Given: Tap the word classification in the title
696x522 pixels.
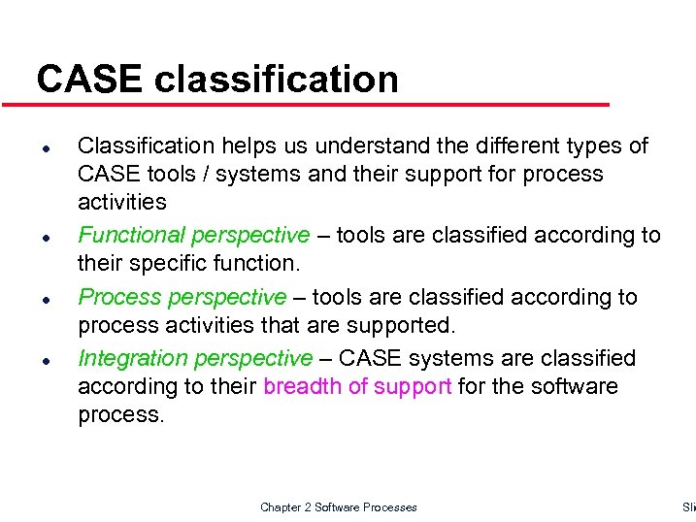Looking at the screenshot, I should tap(276, 80).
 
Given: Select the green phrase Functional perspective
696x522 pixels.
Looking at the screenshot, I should tap(193, 235).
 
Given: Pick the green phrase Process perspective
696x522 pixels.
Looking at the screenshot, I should tap(182, 297).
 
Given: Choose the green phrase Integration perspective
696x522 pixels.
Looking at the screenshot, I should tap(195, 359).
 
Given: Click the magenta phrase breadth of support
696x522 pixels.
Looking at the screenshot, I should tap(357, 386).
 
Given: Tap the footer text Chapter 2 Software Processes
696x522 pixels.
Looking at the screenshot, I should tap(339, 507).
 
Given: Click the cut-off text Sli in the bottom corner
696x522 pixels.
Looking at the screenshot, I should tap(688, 507).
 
